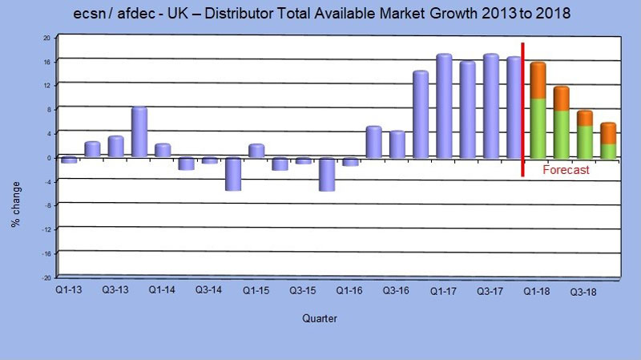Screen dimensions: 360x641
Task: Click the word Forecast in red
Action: pyautogui.click(x=566, y=170)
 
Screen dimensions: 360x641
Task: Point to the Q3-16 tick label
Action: pyautogui.click(x=397, y=287)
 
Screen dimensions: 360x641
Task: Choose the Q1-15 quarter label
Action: pyautogui.click(x=256, y=287)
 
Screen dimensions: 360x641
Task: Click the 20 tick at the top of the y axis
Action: pyautogui.click(x=46, y=38)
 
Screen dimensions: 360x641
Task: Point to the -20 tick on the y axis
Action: pyautogui.click(x=46, y=277)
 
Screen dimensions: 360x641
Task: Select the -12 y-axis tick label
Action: pyautogui.click(x=46, y=229)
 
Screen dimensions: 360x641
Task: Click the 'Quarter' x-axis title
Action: pyautogui.click(x=320, y=319)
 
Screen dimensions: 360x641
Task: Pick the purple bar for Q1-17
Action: pyautogui.click(x=443, y=105)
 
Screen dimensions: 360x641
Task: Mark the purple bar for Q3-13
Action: pyautogui.click(x=115, y=147)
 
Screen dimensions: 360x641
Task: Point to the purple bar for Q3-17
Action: pyautogui.click(x=490, y=105)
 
